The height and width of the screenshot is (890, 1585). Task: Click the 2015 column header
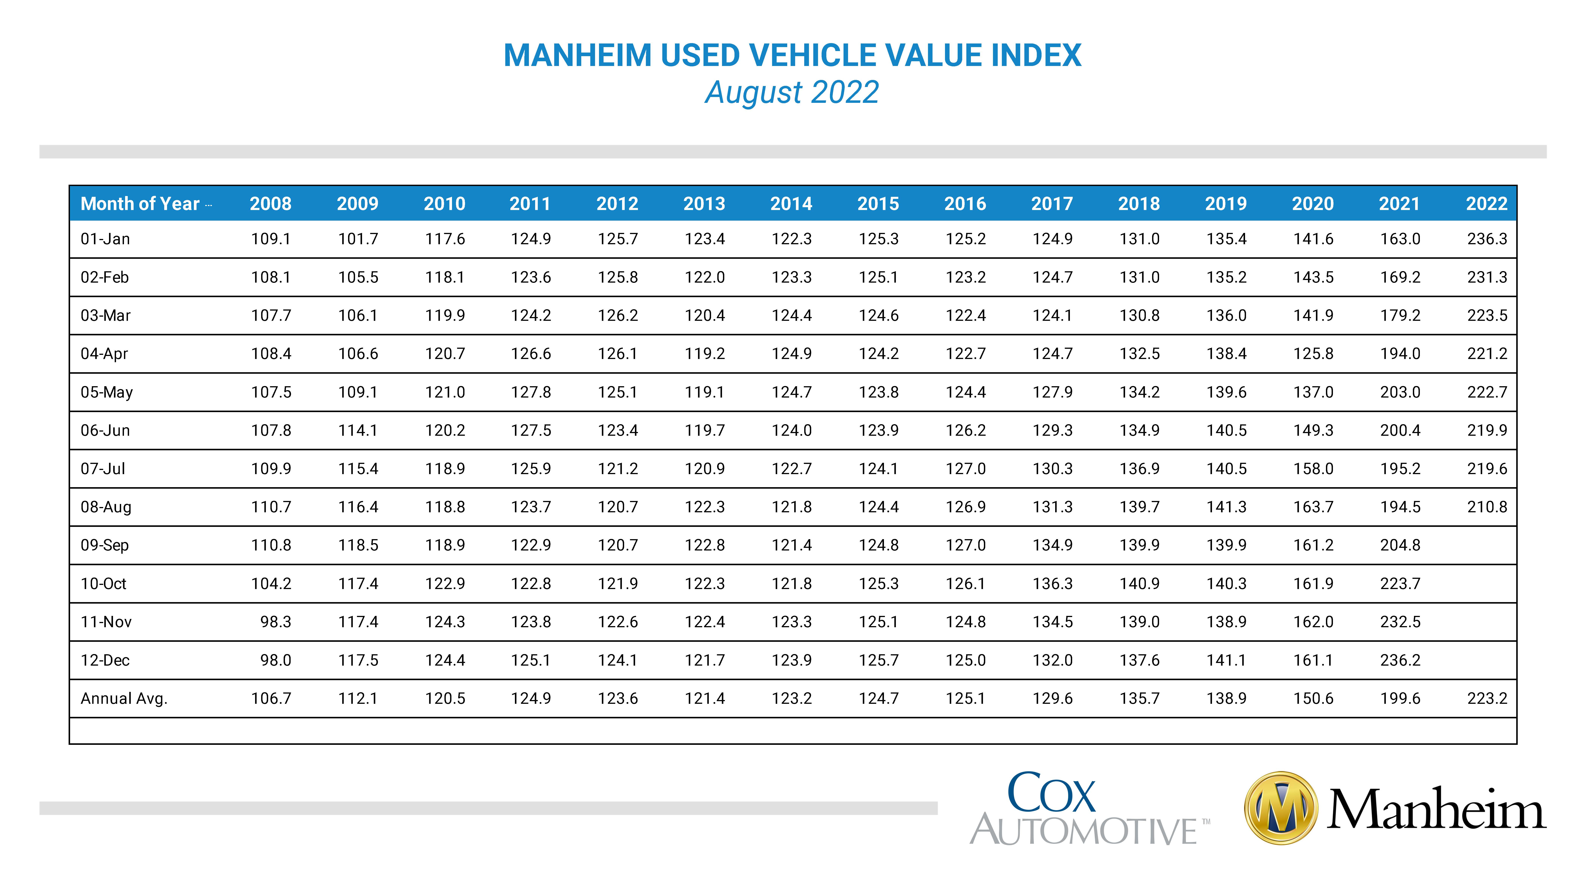pos(878,204)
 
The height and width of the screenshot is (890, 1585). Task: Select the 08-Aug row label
pos(106,507)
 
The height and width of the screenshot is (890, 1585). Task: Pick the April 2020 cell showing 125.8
pos(1313,354)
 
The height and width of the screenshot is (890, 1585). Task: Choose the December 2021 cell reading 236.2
pos(1400,661)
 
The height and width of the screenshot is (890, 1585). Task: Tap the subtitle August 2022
pos(792,93)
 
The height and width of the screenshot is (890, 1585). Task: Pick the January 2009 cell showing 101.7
pos(358,239)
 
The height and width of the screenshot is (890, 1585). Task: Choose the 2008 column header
pos(271,204)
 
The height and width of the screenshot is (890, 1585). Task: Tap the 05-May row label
pos(106,392)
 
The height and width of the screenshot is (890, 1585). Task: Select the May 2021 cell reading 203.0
pos(1400,392)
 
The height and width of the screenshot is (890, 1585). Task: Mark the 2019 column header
pos(1226,204)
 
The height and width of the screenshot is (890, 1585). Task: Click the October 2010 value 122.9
pos(445,584)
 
